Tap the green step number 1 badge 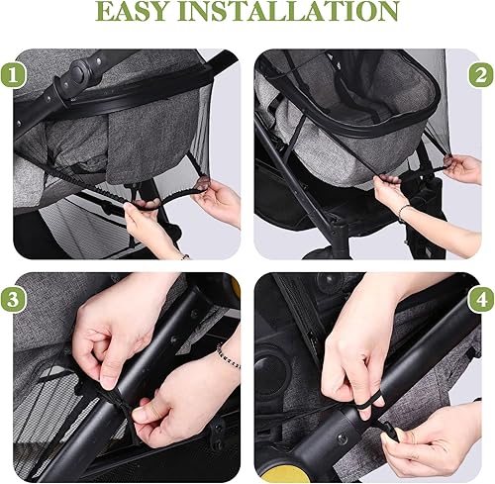(x=15, y=73)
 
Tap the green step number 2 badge (x=479, y=73)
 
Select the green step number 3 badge (x=15, y=298)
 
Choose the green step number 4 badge (x=479, y=298)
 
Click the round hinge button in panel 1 (x=79, y=73)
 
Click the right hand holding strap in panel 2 (x=461, y=167)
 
